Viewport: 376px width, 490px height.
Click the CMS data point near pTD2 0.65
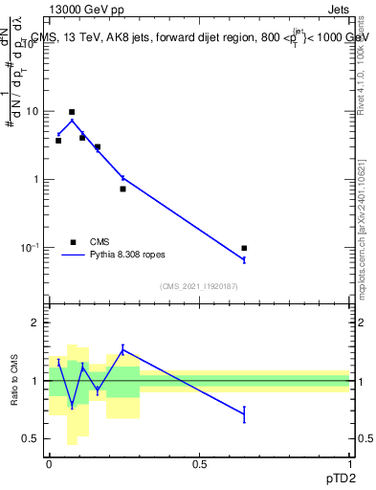point(244,248)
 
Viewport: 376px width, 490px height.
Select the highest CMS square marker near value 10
point(72,112)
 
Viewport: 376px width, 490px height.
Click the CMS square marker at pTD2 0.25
point(122,189)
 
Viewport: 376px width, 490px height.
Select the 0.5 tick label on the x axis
point(199,464)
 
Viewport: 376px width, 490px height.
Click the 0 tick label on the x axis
point(49,464)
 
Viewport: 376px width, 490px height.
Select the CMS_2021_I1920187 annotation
point(199,285)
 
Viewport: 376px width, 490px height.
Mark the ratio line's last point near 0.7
point(244,414)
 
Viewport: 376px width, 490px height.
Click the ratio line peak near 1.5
point(122,349)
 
